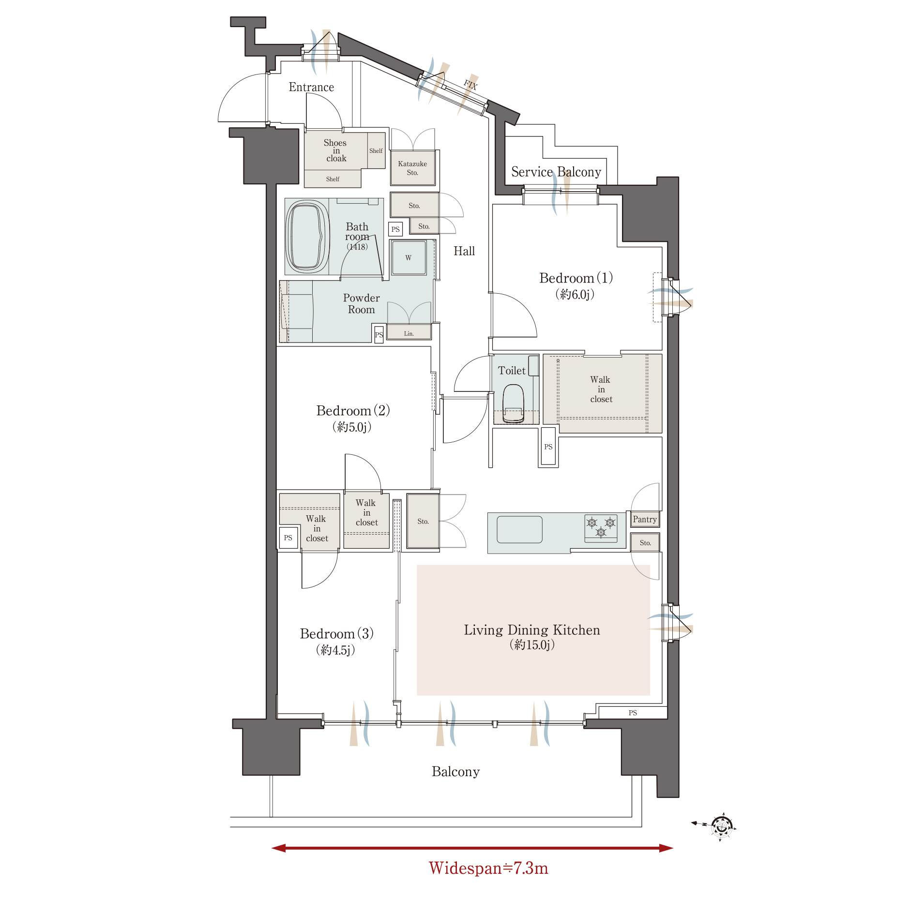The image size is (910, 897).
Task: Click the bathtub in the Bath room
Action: point(307,237)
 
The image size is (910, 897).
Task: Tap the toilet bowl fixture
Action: point(513,403)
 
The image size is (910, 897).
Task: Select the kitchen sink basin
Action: point(519,529)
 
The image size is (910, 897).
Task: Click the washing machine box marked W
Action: point(409,257)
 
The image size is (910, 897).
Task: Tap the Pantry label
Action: point(645,519)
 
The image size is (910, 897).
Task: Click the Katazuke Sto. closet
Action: point(412,168)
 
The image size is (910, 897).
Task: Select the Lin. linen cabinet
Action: point(409,332)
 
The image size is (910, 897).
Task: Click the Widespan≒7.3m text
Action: point(488,868)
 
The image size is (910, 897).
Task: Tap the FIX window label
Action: point(470,85)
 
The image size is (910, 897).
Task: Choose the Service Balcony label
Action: point(556,172)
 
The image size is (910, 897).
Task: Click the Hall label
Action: point(464,251)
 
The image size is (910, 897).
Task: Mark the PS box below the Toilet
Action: point(548,447)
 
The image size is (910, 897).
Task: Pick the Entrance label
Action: point(311,87)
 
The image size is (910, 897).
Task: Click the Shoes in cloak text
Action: point(335,150)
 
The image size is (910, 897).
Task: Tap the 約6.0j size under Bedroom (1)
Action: point(575,294)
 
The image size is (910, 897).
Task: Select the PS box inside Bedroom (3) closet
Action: point(288,538)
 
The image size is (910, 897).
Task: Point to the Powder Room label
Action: point(361,304)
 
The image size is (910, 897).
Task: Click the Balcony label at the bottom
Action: point(455,772)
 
